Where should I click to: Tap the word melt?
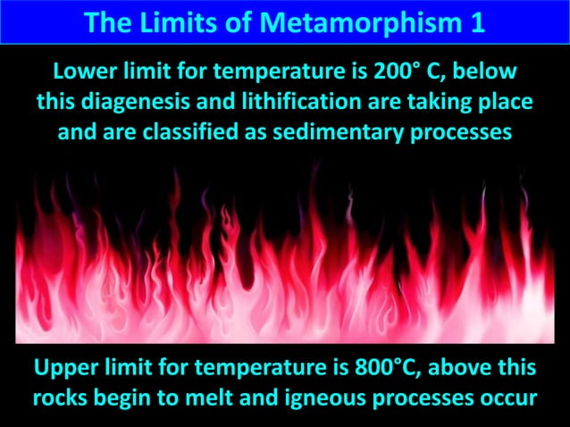(211, 396)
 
